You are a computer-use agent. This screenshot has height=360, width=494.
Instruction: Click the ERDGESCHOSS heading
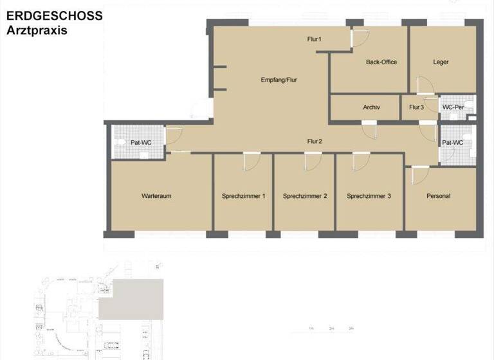[x=55, y=16]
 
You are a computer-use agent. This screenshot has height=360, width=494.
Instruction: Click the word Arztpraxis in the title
[x=37, y=30]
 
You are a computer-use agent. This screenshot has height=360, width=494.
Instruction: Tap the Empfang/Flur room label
[x=279, y=80]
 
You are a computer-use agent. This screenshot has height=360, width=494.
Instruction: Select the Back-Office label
[x=381, y=62]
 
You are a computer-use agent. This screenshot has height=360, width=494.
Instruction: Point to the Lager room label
[x=441, y=62]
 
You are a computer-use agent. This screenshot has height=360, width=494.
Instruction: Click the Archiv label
[x=371, y=107]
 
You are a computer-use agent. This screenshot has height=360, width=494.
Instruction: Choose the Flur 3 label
[x=416, y=107]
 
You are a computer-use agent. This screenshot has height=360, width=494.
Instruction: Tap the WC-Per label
[x=453, y=107]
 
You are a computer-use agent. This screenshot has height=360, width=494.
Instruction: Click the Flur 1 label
[x=315, y=40]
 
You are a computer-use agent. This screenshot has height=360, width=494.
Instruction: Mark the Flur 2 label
[x=315, y=141]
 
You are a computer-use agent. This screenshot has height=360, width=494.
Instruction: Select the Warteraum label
[x=156, y=196]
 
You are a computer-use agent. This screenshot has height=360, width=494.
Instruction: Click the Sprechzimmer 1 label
[x=244, y=196]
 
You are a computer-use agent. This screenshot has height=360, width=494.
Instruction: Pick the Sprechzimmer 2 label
[x=305, y=196]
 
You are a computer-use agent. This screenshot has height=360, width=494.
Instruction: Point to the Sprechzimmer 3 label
[x=369, y=196]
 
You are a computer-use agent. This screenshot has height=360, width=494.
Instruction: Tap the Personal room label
[x=438, y=196]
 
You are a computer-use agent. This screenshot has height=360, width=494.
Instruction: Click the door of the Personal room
[x=419, y=175]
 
